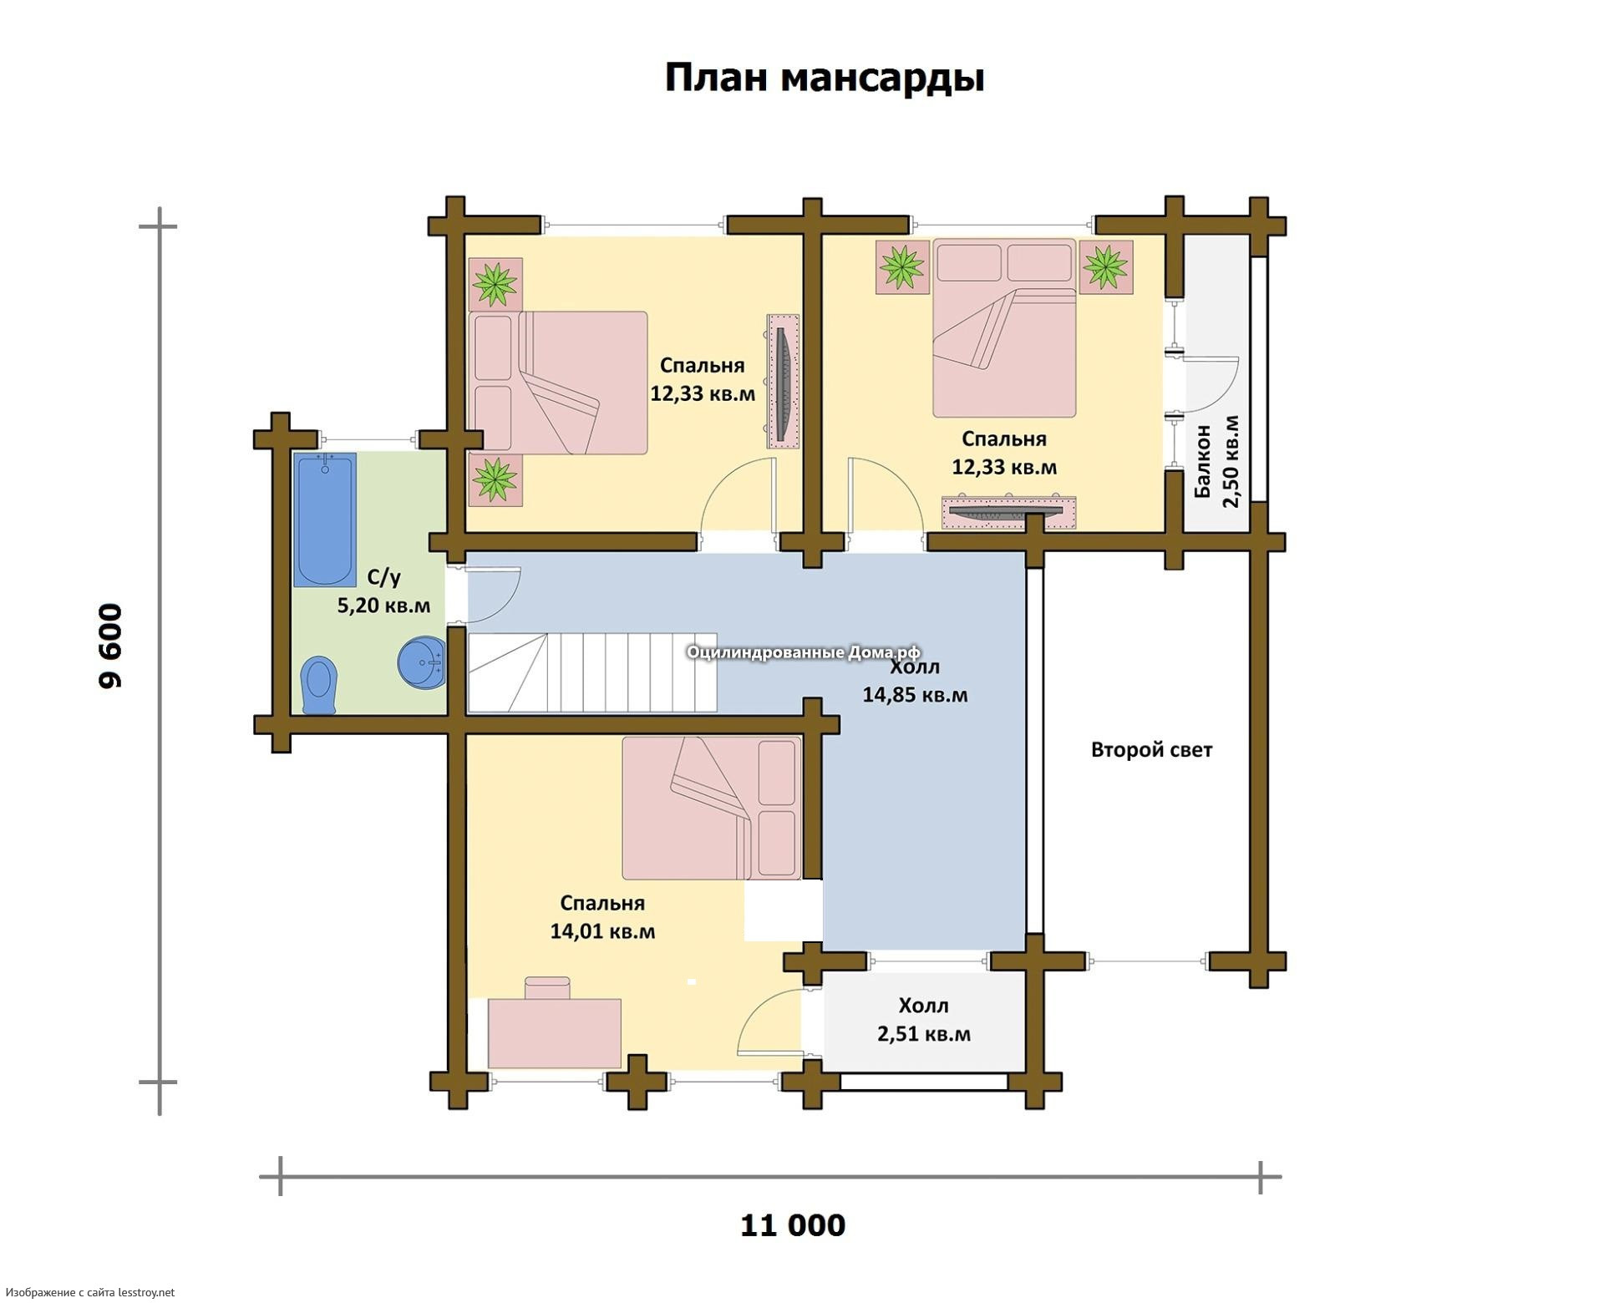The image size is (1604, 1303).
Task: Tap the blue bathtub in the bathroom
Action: tap(325, 520)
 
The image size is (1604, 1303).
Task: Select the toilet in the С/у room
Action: tap(318, 686)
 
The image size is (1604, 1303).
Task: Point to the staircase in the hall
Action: tap(591, 672)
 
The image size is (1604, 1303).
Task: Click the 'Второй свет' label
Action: tap(1151, 749)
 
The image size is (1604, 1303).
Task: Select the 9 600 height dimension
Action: tap(110, 646)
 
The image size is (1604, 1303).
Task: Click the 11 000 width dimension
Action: tap(793, 1225)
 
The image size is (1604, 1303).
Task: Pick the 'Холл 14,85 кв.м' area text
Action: tap(915, 681)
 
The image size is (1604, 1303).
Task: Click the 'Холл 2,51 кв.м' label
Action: tap(924, 1019)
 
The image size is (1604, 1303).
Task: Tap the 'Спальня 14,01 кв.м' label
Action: tap(602, 916)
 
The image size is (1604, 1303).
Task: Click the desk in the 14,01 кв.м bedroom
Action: tap(554, 1032)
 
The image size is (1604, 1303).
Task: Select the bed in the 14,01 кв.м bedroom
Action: tap(712, 808)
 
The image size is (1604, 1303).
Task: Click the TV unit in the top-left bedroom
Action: tap(783, 382)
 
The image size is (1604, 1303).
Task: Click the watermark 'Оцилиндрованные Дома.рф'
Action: tap(804, 652)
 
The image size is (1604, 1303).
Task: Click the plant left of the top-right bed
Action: tap(902, 267)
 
